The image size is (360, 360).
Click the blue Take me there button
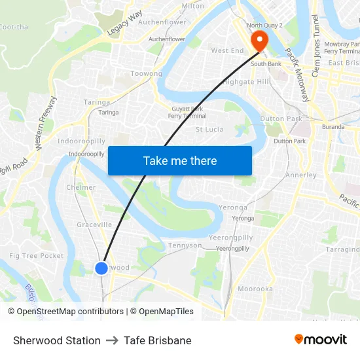[180, 160]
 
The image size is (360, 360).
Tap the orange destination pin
[260, 41]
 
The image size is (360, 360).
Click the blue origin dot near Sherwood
[101, 268]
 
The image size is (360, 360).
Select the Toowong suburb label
[146, 74]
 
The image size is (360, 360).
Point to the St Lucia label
[209, 130]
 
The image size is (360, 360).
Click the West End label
[227, 50]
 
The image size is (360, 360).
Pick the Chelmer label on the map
[81, 187]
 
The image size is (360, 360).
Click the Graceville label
[94, 225]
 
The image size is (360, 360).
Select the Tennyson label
[185, 245]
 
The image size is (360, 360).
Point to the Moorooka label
[255, 289]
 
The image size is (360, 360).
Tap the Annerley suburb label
[301, 175]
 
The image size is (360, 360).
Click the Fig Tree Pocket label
[37, 256]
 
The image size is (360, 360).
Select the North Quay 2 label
[264, 26]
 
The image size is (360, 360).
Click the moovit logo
[321, 340]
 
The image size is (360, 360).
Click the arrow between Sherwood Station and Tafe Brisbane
[112, 340]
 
